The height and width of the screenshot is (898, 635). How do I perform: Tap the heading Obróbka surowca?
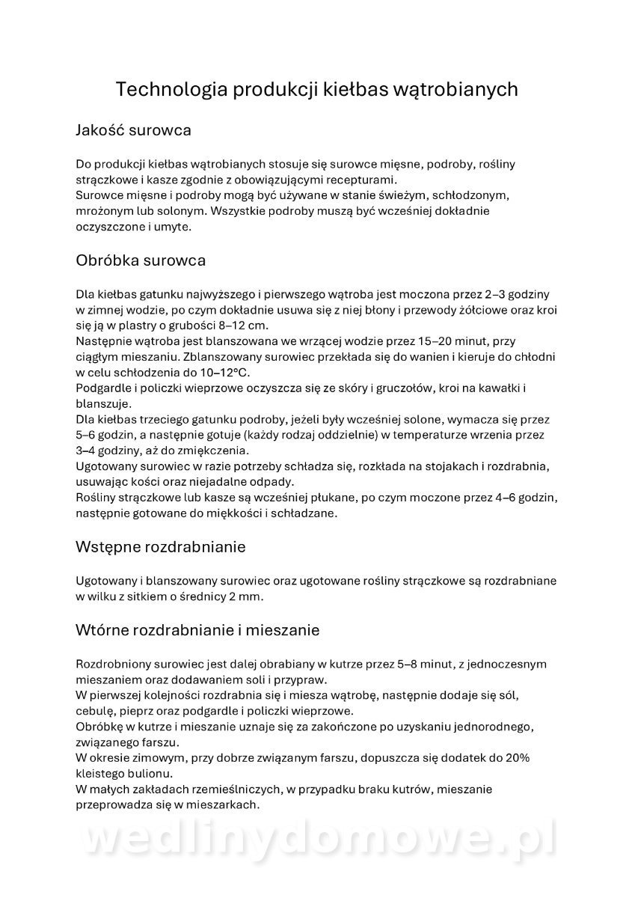(141, 260)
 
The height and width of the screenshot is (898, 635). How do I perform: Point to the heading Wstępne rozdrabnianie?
(161, 547)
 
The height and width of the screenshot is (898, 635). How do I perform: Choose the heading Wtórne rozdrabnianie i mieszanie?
(197, 630)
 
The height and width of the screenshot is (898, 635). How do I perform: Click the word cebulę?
(95, 711)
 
